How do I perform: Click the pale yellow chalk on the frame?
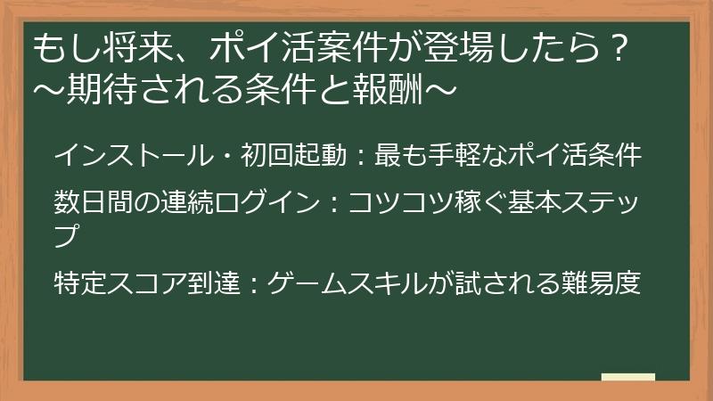(628, 377)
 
